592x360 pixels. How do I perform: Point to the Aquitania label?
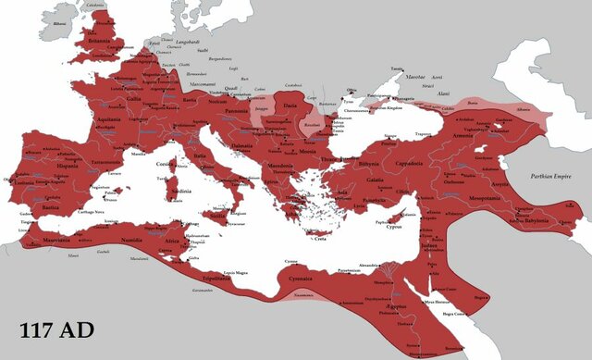point(109,118)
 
